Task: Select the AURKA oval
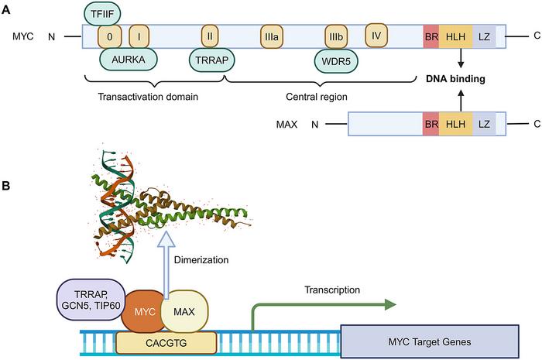point(129,59)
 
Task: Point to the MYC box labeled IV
point(376,36)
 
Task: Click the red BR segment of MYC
point(430,36)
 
